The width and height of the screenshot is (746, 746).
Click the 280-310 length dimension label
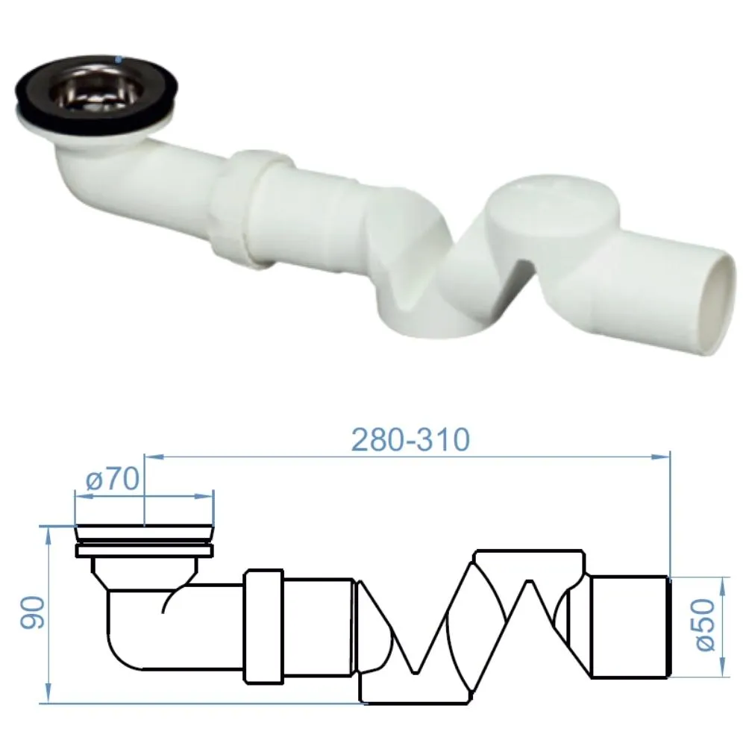[x=410, y=439]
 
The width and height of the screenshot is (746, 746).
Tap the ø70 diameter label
[x=113, y=479]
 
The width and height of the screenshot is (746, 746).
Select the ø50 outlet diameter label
[x=705, y=624]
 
